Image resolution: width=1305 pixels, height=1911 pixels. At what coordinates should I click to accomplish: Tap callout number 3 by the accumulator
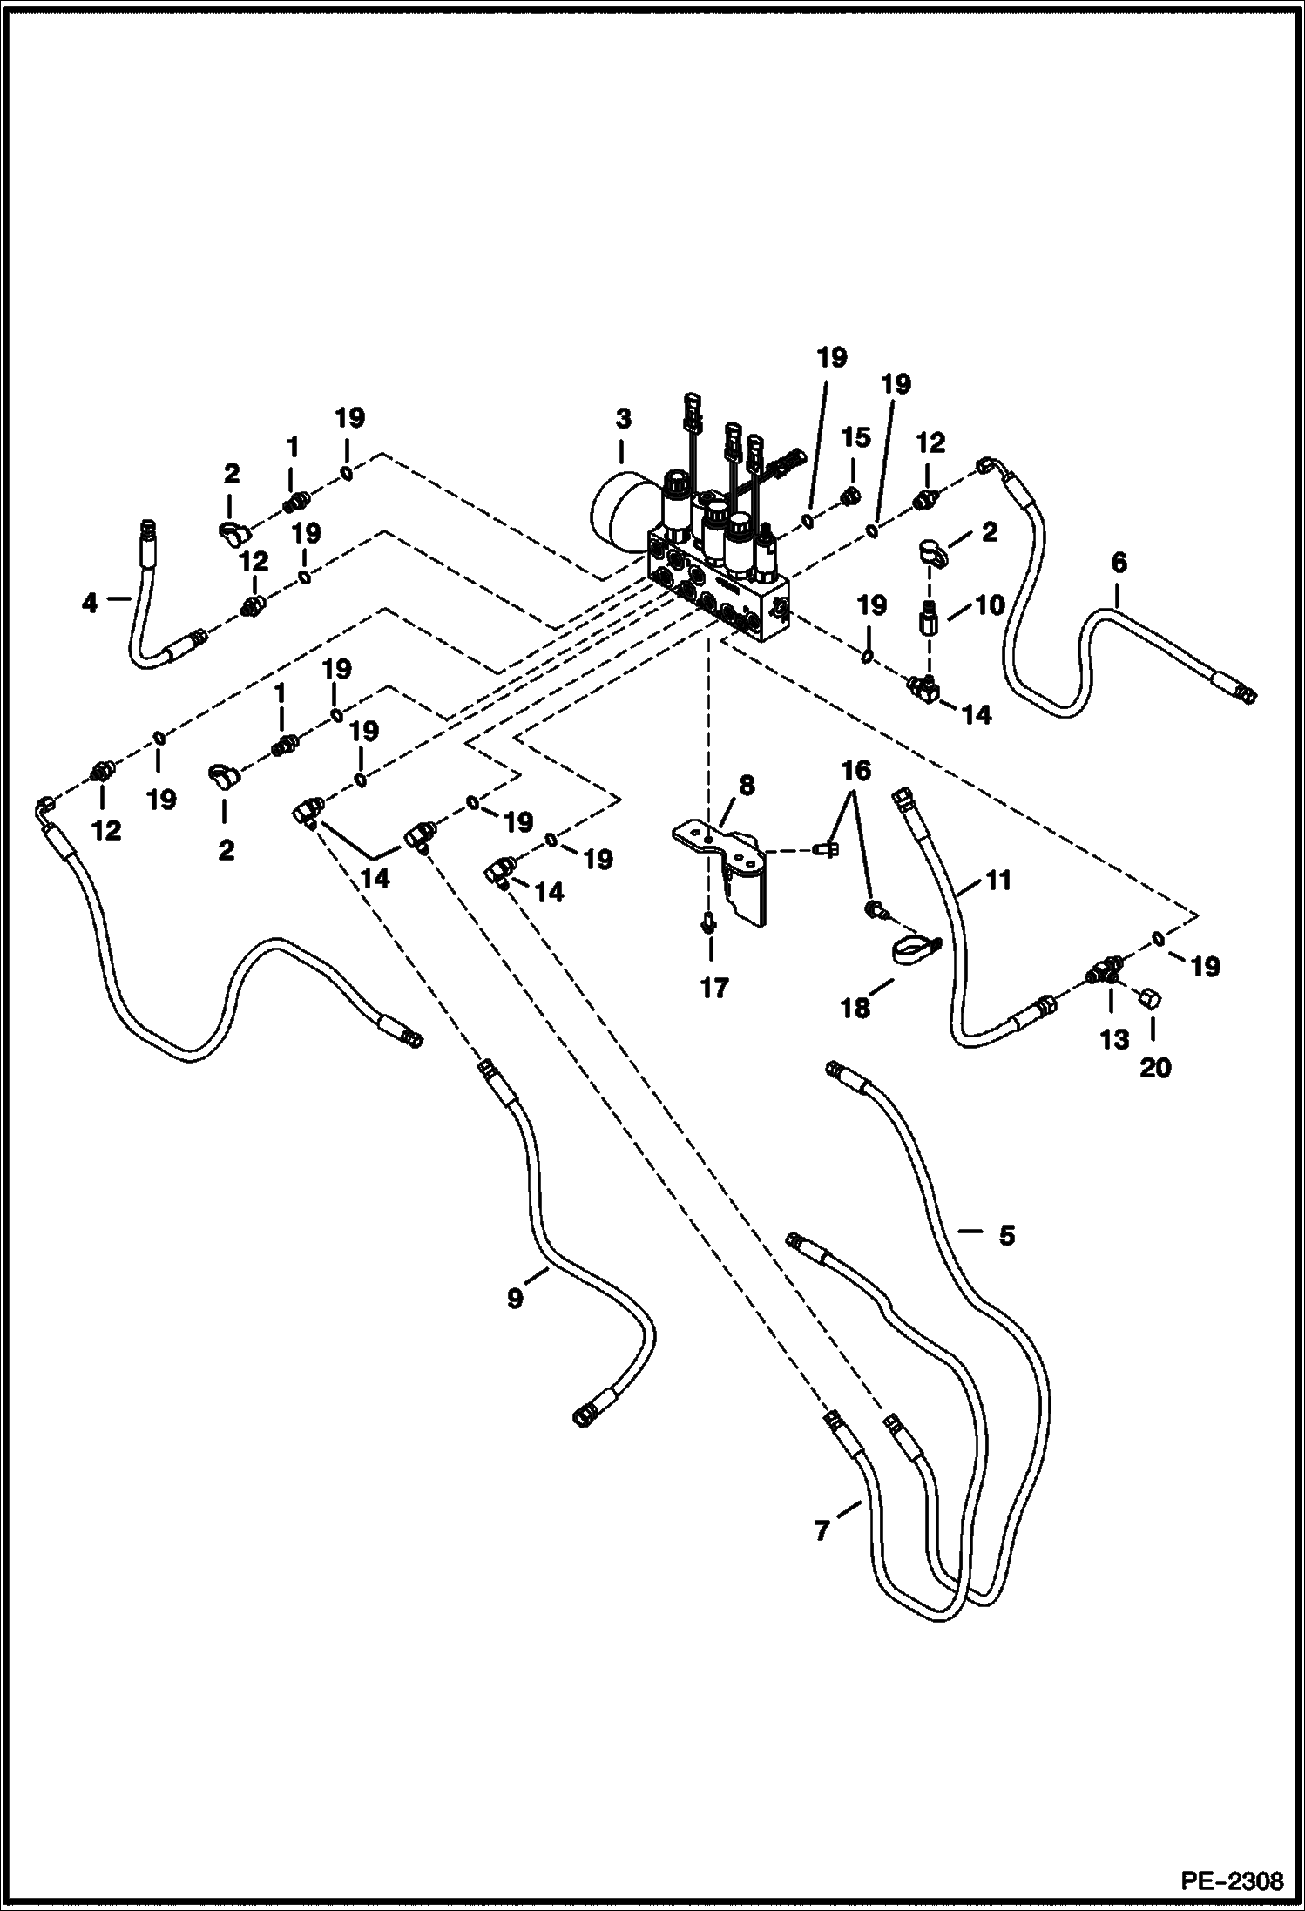point(622,419)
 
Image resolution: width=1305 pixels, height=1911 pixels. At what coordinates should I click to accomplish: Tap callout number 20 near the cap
point(1155,1066)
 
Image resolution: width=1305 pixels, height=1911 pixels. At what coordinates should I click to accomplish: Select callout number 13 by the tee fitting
point(1114,1039)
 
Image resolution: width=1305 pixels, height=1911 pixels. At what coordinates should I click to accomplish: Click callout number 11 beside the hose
point(998,881)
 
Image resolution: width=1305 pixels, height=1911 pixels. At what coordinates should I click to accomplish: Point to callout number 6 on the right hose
point(1119,564)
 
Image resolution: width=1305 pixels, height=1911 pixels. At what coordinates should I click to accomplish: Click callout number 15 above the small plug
point(855,437)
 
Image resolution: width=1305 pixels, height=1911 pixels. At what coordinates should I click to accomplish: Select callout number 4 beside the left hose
point(91,603)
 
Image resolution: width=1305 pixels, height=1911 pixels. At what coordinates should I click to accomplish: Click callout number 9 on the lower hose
point(515,1298)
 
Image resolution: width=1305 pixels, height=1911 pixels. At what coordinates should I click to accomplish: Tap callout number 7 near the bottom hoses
point(822,1531)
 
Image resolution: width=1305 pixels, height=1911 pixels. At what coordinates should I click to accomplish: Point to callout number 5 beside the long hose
point(1006,1235)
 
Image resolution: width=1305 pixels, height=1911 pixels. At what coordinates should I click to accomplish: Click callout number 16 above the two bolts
point(855,771)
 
